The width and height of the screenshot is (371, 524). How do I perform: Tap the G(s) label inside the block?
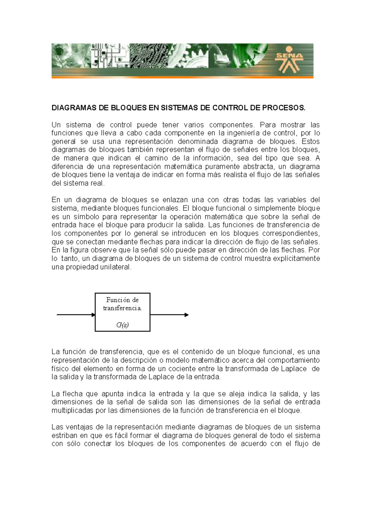122,325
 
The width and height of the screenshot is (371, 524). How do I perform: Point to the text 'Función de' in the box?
122,300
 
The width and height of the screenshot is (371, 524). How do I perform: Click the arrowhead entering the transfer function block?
93,315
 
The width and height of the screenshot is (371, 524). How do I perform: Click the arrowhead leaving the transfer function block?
186,315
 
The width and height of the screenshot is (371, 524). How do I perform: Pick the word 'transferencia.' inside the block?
122,308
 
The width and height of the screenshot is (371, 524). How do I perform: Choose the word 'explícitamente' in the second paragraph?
296,258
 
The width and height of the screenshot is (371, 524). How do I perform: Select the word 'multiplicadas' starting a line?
70,411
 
